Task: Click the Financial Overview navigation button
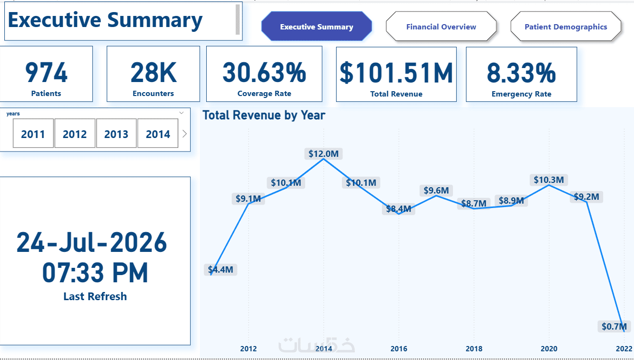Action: (x=441, y=27)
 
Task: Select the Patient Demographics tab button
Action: (x=566, y=27)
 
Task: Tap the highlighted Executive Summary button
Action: (x=316, y=27)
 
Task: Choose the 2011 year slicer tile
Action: (x=33, y=134)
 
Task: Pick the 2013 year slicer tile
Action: (x=116, y=134)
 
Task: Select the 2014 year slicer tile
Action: (x=158, y=134)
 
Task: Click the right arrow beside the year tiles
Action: (x=184, y=134)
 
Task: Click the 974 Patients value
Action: (x=46, y=73)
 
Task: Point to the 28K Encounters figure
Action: (x=154, y=73)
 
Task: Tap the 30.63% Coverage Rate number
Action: (x=264, y=73)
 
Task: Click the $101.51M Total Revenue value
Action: (x=396, y=73)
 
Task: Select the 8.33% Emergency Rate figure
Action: (x=521, y=73)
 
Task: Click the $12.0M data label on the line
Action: (x=324, y=154)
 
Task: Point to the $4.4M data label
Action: (x=221, y=269)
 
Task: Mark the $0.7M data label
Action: (x=614, y=326)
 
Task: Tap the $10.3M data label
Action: (x=549, y=180)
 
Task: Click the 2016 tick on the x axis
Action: (x=399, y=349)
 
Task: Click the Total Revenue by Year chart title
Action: (x=264, y=115)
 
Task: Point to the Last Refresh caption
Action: (x=95, y=296)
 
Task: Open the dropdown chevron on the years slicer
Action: (x=182, y=113)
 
